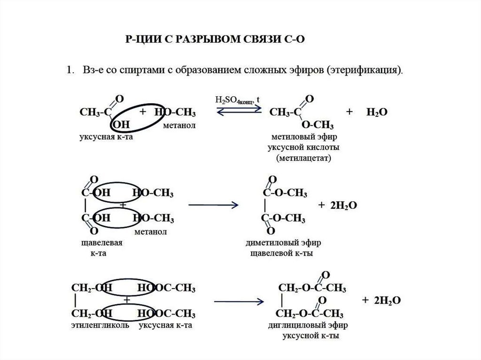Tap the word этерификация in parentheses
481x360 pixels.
(x=365, y=70)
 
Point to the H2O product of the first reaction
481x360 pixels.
(x=377, y=113)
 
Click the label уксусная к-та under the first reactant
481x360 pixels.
(x=109, y=137)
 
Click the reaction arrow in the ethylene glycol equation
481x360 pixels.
(x=238, y=300)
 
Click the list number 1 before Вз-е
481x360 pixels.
(x=69, y=70)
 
